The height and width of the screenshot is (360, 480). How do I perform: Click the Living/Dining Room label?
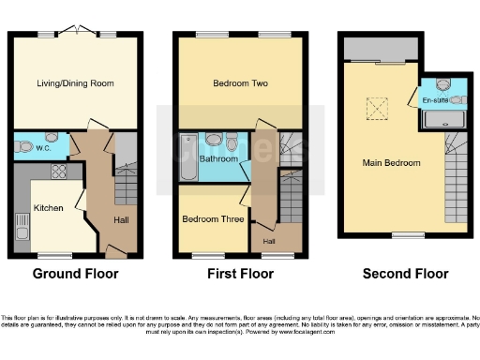click(x=74, y=83)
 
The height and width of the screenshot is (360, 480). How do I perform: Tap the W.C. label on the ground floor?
click(x=43, y=147)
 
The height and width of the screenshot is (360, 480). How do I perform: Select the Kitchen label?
click(x=48, y=207)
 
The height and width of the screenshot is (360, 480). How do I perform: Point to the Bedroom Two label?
click(x=241, y=83)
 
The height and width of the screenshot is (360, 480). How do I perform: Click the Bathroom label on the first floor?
click(x=218, y=159)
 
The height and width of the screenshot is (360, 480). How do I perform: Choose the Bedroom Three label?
click(x=213, y=219)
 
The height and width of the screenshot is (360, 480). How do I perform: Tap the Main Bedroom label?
click(x=391, y=162)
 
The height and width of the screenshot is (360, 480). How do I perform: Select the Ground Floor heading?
click(x=75, y=274)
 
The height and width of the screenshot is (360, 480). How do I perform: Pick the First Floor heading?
click(x=241, y=274)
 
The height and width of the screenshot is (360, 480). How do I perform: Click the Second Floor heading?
click(x=406, y=274)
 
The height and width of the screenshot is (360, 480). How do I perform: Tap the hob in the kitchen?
click(x=59, y=172)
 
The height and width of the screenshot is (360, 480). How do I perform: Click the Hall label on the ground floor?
click(x=122, y=220)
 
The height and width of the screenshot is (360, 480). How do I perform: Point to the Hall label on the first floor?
click(x=269, y=242)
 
